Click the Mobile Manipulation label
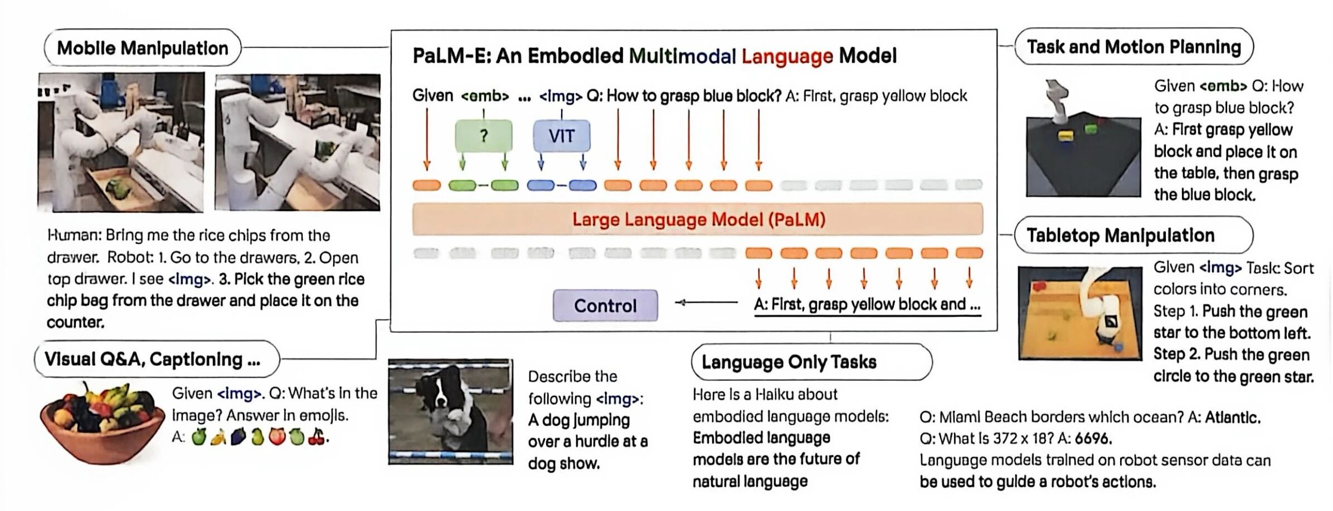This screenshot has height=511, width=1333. pyautogui.click(x=143, y=48)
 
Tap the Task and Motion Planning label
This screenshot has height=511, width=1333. pyautogui.click(x=1133, y=47)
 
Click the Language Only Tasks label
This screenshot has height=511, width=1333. pyautogui.click(x=811, y=362)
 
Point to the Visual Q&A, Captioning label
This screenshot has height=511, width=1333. pyautogui.click(x=157, y=359)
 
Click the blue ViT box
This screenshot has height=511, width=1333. pyautogui.click(x=561, y=136)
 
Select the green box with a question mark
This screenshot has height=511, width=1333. pyautogui.click(x=483, y=136)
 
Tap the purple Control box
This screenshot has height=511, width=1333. pyautogui.click(x=605, y=305)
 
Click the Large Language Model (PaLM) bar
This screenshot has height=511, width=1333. pyautogui.click(x=698, y=219)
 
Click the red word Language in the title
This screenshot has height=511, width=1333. pyautogui.click(x=787, y=56)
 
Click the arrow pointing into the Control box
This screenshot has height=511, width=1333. pyautogui.click(x=707, y=303)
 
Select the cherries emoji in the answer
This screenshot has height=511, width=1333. pyautogui.click(x=317, y=437)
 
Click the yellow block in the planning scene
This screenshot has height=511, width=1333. pyautogui.click(x=1066, y=136)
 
